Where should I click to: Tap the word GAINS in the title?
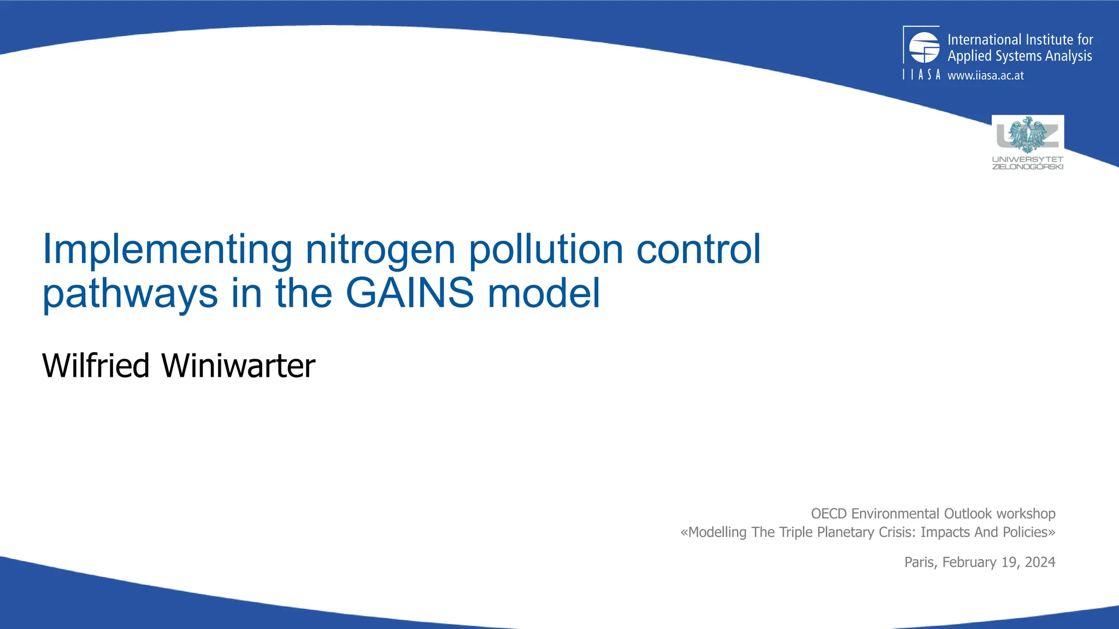pos(410,293)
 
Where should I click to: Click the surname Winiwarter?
pos(238,366)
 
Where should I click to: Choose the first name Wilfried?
pos(96,366)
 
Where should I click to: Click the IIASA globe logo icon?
pos(924,48)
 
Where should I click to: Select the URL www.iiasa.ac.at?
pos(985,75)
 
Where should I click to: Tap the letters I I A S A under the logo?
pos(921,75)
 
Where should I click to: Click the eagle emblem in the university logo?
pos(1027,134)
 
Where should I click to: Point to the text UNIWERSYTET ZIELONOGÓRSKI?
pos(1027,163)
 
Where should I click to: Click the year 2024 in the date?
pos(1040,562)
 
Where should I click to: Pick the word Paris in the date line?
pos(920,562)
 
